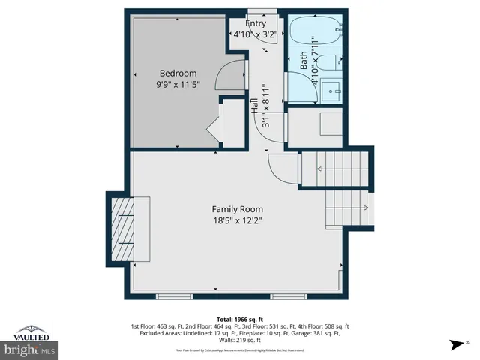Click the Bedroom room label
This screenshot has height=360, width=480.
click(178, 73)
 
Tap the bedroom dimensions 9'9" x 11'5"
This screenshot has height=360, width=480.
click(178, 85)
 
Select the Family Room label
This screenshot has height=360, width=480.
click(237, 209)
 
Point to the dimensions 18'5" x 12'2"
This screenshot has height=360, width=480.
click(237, 220)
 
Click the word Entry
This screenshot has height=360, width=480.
click(256, 23)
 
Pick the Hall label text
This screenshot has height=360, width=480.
click(255, 105)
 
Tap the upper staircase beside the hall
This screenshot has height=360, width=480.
click(342, 169)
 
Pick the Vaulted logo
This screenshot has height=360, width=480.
click(30, 331)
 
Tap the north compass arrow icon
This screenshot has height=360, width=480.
click(455, 346)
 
